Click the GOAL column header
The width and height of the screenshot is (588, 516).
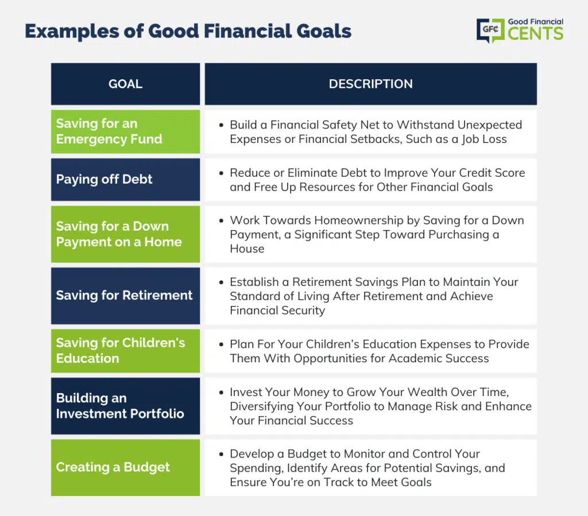(x=125, y=84)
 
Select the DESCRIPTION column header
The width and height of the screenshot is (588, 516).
(x=370, y=84)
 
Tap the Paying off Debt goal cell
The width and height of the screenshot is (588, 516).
(x=125, y=180)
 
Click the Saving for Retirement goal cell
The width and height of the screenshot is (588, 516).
(x=125, y=296)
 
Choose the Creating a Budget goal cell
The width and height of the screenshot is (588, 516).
(x=125, y=468)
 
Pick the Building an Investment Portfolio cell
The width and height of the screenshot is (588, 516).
(x=125, y=406)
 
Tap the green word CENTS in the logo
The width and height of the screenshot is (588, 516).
(x=536, y=33)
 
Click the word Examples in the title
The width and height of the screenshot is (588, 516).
(x=72, y=32)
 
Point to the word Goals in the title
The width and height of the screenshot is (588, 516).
(x=324, y=31)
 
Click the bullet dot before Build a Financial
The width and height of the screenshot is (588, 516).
(x=221, y=125)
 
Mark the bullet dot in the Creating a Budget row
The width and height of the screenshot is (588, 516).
(x=221, y=454)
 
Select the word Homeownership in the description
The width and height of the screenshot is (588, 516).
(x=359, y=220)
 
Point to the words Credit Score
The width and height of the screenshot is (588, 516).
(x=492, y=173)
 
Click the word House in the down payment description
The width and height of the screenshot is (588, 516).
(x=247, y=249)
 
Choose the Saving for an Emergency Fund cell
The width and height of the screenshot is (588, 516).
(x=125, y=131)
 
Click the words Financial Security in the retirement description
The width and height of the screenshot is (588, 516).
(x=277, y=311)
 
